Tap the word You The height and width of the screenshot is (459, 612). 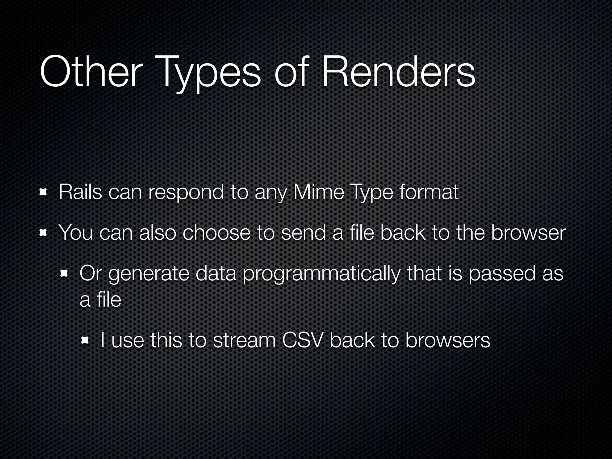(76, 233)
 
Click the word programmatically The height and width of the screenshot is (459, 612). (321, 275)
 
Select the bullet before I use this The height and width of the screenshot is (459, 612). (85, 340)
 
